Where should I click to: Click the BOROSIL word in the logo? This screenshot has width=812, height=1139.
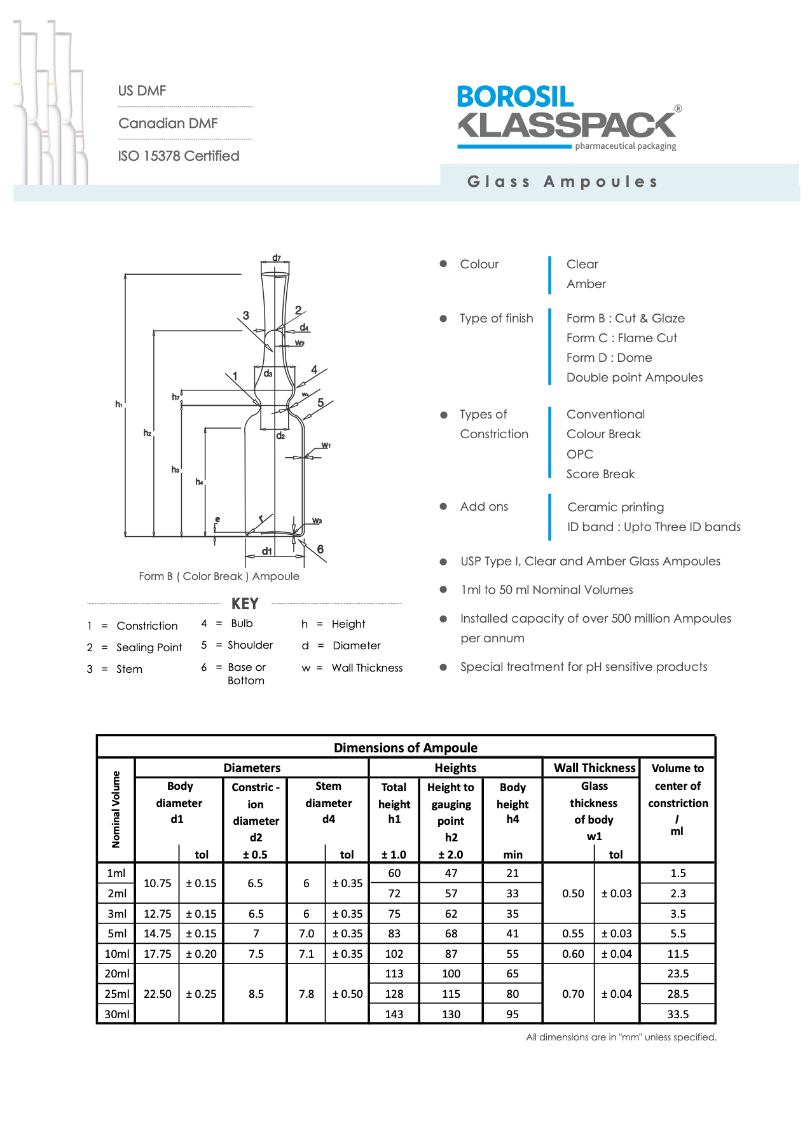[515, 97]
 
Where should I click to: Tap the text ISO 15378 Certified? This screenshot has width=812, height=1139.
[179, 156]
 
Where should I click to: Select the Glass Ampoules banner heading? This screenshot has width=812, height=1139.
[562, 182]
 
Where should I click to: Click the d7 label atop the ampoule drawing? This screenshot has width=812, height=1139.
[277, 258]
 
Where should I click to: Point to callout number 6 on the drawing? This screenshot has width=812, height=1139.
[320, 549]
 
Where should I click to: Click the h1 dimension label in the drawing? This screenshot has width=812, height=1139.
[119, 404]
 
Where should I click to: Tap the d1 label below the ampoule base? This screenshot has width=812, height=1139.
[267, 551]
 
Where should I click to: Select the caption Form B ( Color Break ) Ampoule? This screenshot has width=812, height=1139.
[219, 576]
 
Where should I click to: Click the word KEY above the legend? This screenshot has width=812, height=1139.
[245, 604]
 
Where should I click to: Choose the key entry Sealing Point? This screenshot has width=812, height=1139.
[149, 647]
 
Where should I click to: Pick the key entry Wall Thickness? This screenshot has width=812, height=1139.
[367, 668]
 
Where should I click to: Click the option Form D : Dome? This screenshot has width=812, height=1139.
[609, 357]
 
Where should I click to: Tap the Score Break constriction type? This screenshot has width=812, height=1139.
[600, 474]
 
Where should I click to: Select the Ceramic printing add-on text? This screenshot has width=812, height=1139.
[616, 507]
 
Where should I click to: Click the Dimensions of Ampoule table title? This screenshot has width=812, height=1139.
[406, 748]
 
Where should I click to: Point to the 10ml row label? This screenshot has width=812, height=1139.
[117, 954]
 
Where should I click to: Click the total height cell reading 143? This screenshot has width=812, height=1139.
[394, 1014]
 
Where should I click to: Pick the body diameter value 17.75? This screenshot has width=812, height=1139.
[158, 954]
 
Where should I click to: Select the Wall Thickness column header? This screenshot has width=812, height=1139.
[595, 768]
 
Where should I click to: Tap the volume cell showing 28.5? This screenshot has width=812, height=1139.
[678, 994]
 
